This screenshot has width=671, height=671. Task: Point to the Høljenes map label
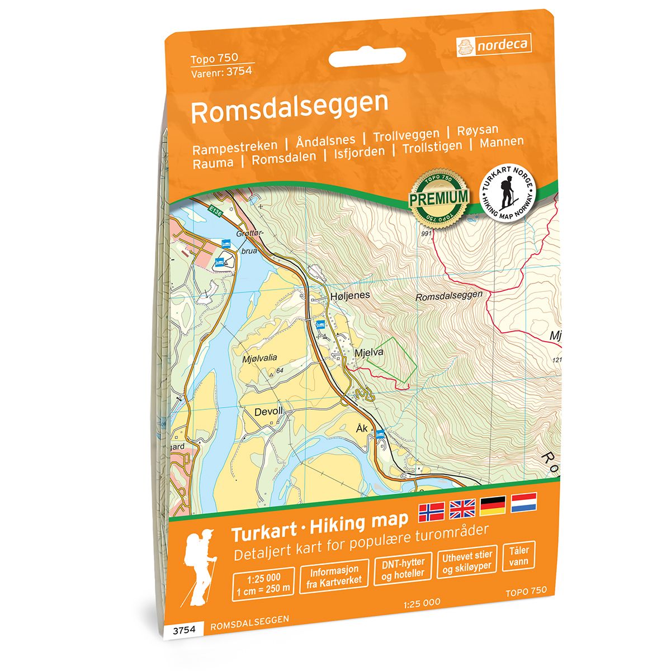(350, 295)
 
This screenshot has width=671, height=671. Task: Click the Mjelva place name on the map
(368, 353)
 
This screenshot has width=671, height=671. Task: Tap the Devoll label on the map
(269, 412)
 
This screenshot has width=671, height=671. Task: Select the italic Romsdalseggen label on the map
(449, 297)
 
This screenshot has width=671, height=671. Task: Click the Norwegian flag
(432, 509)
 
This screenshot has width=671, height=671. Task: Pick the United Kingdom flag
(462, 507)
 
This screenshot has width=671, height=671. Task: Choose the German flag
(493, 505)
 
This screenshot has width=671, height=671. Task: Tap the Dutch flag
(523, 502)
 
